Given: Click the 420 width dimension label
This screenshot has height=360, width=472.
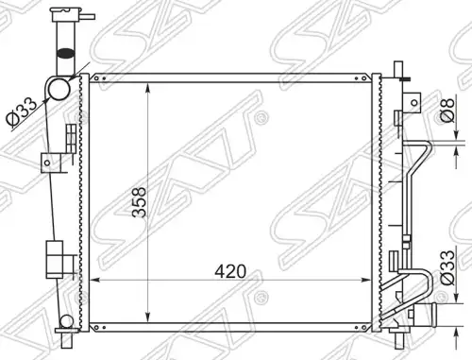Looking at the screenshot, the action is [230, 271].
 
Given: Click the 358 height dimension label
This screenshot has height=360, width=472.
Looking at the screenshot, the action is [139, 202].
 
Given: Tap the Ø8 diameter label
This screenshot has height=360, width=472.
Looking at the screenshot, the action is [447, 111].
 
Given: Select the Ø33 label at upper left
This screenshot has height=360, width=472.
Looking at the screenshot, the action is [22, 111].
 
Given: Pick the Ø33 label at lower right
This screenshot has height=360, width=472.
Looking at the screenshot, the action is [447, 267].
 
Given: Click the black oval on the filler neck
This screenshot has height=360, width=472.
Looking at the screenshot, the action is [65, 53].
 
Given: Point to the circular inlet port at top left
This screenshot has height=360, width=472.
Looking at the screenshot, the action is [59, 89].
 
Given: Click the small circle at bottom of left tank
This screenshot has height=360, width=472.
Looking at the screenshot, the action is [67, 321].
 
